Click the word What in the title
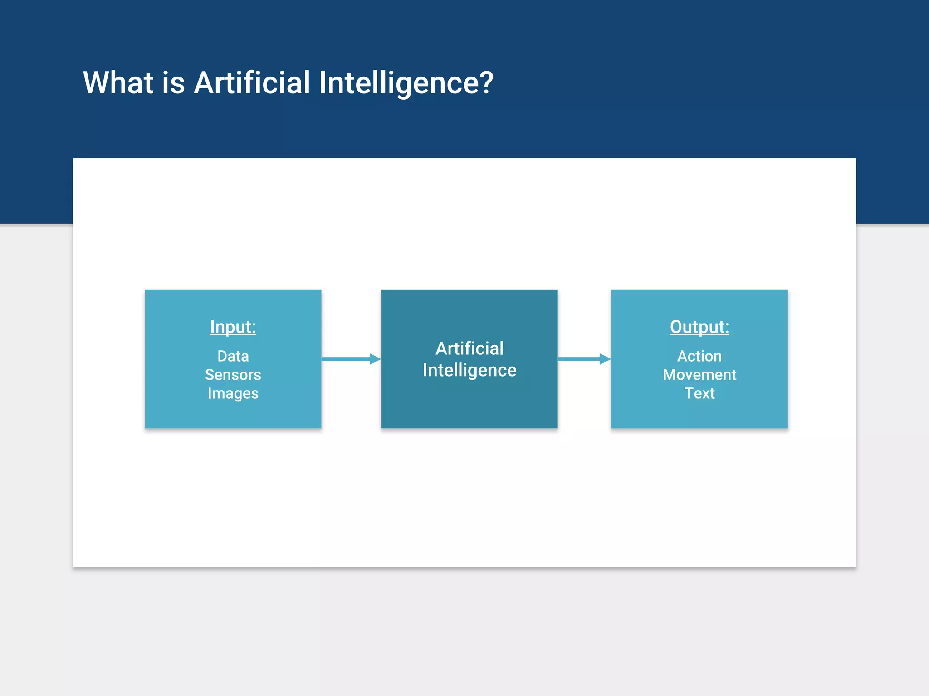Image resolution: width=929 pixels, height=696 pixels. [x=118, y=83]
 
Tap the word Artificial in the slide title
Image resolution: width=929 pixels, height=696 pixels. [x=252, y=83]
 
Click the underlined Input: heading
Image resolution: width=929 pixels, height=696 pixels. [x=233, y=327]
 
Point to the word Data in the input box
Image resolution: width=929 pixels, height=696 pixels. [x=233, y=356]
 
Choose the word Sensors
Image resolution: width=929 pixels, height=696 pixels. [x=233, y=375]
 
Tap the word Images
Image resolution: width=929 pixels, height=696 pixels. [x=233, y=393]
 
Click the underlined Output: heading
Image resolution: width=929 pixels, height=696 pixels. [x=699, y=327]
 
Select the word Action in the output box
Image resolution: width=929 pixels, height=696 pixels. [x=699, y=356]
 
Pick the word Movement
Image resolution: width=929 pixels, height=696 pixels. [x=699, y=375]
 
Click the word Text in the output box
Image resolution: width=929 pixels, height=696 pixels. [x=699, y=393]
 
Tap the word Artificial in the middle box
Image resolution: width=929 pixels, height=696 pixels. [x=469, y=348]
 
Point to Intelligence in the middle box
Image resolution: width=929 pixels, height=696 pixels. [x=469, y=370]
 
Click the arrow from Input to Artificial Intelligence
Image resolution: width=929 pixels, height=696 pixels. [x=347, y=359]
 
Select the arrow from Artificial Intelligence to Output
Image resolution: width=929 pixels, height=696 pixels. [x=581, y=359]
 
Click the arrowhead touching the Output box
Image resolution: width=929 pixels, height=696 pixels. [x=605, y=359]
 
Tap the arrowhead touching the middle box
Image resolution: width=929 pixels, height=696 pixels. [x=375, y=359]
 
